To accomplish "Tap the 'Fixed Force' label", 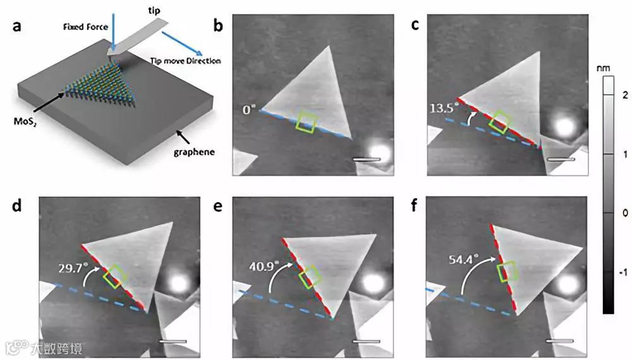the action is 84,27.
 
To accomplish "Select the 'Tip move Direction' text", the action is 186,61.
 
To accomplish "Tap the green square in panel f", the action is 508,272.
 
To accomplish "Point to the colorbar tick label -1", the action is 623,272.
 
